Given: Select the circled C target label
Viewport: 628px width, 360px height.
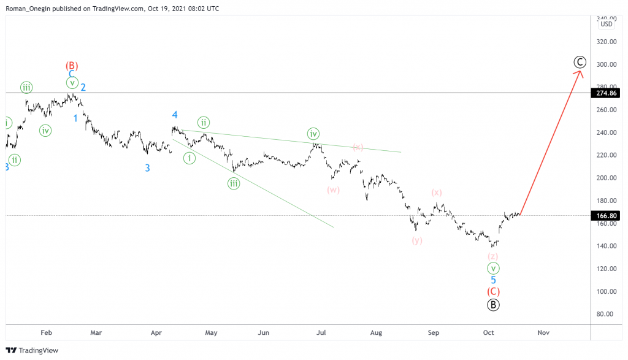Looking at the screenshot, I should click(x=580, y=62).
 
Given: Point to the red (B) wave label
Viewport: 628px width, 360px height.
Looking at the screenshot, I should click(x=72, y=65).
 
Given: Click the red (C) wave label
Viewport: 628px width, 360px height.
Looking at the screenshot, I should click(x=493, y=292).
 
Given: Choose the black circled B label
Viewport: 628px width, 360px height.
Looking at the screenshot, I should click(x=493, y=305).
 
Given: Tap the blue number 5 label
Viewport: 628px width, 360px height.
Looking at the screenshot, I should click(x=493, y=280).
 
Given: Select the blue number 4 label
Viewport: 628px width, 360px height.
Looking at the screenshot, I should click(x=175, y=115).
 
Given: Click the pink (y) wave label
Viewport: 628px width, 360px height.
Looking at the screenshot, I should click(x=417, y=240).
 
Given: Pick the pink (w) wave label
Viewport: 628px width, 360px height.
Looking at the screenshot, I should click(x=334, y=190).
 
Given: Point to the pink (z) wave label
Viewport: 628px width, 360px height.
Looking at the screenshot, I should click(x=493, y=256).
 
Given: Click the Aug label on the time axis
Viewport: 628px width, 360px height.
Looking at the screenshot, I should click(x=376, y=333).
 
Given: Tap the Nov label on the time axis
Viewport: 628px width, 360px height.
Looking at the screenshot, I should click(x=543, y=333).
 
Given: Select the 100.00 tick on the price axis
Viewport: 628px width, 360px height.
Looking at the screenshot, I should click(x=606, y=291).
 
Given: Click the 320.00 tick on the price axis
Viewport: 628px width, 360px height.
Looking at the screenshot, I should click(x=606, y=42).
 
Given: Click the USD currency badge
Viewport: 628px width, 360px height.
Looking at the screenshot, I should click(x=607, y=24).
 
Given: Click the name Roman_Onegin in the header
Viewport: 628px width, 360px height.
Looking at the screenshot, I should click(x=29, y=8).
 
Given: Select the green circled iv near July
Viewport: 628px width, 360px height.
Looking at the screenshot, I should click(x=313, y=134).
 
